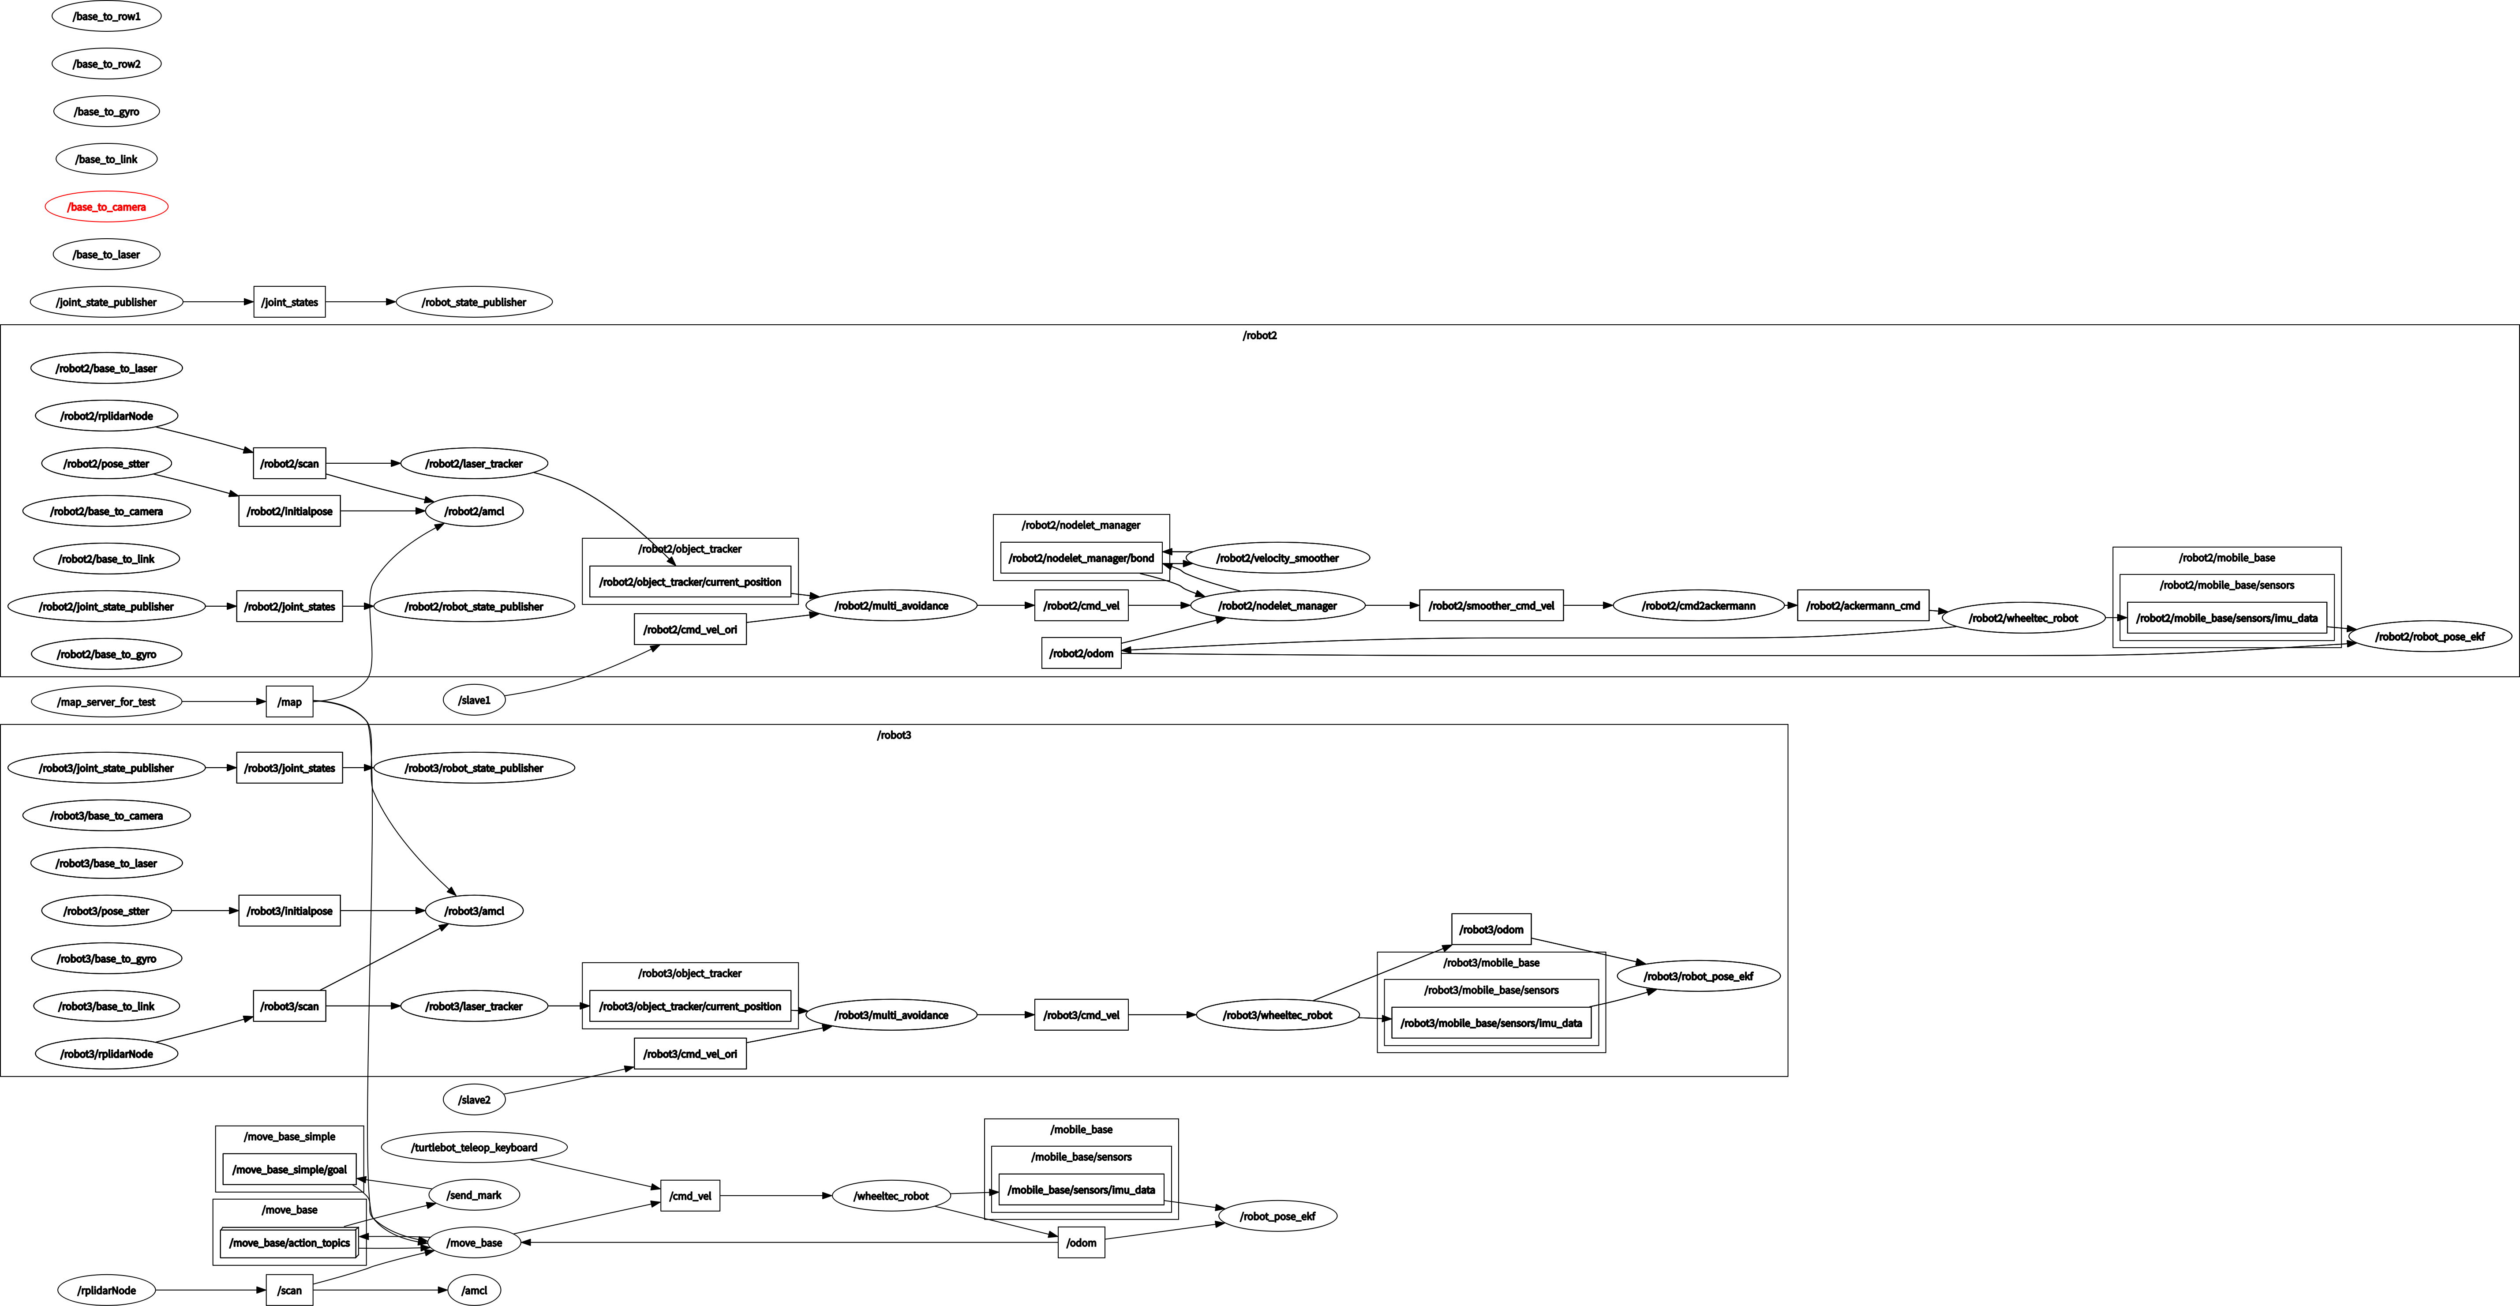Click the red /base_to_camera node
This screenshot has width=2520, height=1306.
pyautogui.click(x=107, y=206)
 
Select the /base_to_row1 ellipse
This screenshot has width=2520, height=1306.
pyautogui.click(x=107, y=17)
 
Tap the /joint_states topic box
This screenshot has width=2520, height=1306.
pyautogui.click(x=289, y=302)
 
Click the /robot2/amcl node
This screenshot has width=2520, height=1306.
pyautogui.click(x=475, y=510)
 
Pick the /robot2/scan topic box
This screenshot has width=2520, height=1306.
pyautogui.click(x=289, y=464)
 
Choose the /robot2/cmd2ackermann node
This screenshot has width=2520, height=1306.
pyautogui.click(x=1698, y=605)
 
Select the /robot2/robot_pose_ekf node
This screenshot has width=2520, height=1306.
pyautogui.click(x=2429, y=637)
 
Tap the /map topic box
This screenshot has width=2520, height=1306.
pyautogui.click(x=289, y=702)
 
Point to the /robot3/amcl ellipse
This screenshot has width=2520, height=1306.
pyautogui.click(x=475, y=911)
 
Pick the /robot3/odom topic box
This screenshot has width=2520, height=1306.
pyautogui.click(x=1491, y=929)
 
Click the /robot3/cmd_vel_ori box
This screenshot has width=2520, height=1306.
pyautogui.click(x=690, y=1054)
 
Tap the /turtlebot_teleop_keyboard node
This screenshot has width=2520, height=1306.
pyautogui.click(x=475, y=1148)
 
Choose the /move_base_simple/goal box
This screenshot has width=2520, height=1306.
pyautogui.click(x=289, y=1169)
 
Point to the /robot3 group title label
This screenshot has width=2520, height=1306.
pyautogui.click(x=893, y=735)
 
